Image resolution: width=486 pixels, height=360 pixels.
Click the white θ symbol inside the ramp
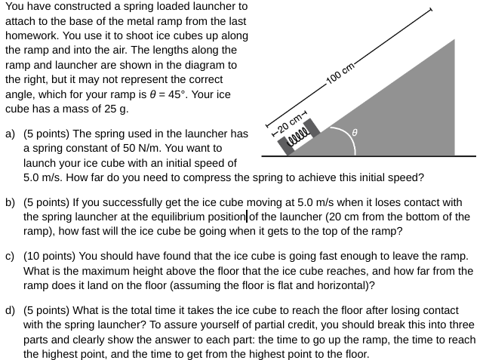[366, 133]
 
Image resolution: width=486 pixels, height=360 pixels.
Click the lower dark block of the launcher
[288, 146]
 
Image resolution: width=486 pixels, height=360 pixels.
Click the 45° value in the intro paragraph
[195, 94]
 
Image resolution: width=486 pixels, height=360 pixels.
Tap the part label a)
[11, 134]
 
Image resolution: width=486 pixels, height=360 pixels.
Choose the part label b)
[11, 203]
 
